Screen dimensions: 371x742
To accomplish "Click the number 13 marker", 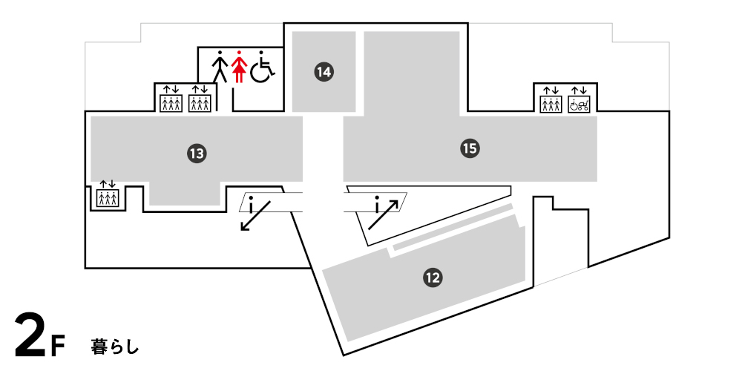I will coord(196,154).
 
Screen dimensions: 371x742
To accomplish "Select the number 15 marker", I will coord(469,148).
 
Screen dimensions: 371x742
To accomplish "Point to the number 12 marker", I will coord(433,278).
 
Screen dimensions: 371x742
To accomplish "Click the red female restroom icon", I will coord(238,67).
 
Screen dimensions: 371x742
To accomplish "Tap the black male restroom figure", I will coord(220,67).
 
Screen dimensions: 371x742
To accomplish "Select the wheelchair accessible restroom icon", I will coord(261,67).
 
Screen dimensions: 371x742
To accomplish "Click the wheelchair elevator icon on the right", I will coord(579,100).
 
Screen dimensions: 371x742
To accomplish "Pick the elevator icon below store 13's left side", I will coord(108,194).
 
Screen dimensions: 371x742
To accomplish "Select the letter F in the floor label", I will coord(59,346).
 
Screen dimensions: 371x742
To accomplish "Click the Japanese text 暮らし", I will coord(115,346).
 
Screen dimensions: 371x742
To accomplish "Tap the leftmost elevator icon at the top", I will coord(171,100).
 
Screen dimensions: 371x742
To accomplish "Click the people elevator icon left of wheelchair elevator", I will coord(550,100).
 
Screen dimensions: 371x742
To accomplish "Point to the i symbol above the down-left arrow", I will coord(252,200).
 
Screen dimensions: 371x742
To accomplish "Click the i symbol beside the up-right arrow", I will coord(378,202).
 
